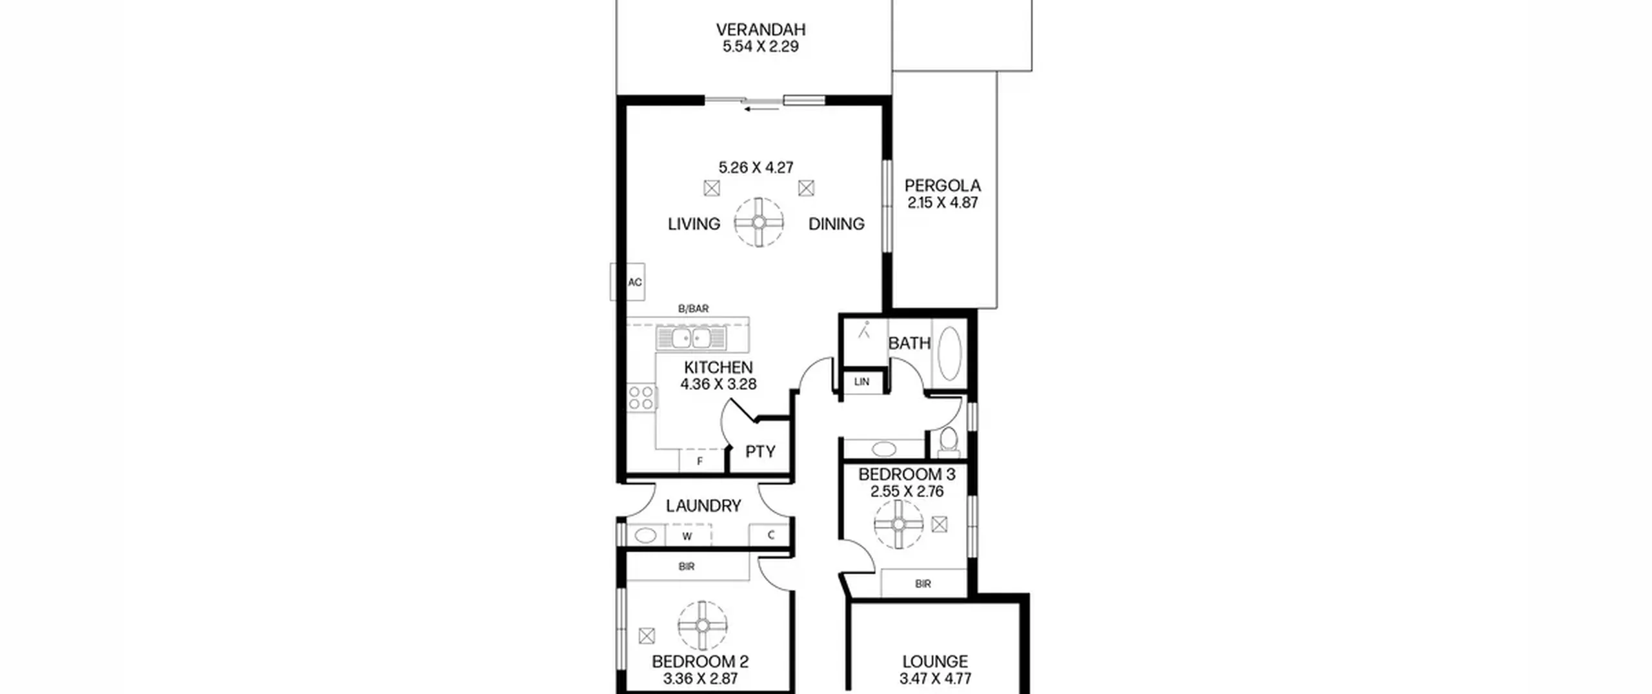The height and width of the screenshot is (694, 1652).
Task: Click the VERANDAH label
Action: point(761,30)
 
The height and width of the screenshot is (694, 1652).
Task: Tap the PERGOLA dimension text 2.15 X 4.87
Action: point(943,203)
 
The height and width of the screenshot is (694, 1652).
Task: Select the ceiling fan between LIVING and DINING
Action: point(759,222)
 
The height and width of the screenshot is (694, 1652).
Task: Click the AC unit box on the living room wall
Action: point(628,282)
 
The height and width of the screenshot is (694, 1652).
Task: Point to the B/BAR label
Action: point(693,309)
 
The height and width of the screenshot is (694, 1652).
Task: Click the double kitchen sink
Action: point(691,338)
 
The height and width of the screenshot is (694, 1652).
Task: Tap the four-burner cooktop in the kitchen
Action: point(641,398)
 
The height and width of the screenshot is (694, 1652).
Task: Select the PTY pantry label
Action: point(760,452)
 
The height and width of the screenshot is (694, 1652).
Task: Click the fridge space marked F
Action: point(700,462)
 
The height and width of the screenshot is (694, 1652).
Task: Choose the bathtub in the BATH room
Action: point(949,353)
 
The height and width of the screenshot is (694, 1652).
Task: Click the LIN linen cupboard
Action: point(862,382)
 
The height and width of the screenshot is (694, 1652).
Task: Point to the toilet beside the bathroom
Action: point(949,440)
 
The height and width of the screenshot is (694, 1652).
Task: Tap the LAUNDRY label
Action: point(703,506)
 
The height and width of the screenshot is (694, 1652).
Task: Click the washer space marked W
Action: point(687,536)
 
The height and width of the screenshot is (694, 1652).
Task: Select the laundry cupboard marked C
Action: point(771,535)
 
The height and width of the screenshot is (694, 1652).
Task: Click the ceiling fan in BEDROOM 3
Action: point(899,524)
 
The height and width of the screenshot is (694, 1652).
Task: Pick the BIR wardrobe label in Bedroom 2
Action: point(687,567)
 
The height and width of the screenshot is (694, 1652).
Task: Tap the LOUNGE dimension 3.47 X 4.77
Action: point(935,679)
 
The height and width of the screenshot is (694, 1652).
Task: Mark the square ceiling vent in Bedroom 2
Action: point(647,636)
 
